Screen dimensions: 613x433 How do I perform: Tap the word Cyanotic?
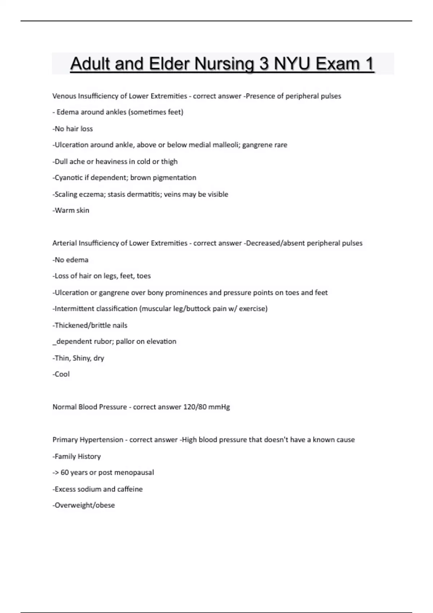(x=68, y=177)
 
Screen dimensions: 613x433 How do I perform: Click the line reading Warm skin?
(x=71, y=210)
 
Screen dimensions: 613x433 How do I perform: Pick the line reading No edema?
(x=70, y=260)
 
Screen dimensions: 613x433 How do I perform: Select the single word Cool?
(x=62, y=374)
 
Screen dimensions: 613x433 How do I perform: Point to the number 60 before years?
(x=65, y=472)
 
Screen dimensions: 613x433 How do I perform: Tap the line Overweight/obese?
(x=84, y=505)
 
